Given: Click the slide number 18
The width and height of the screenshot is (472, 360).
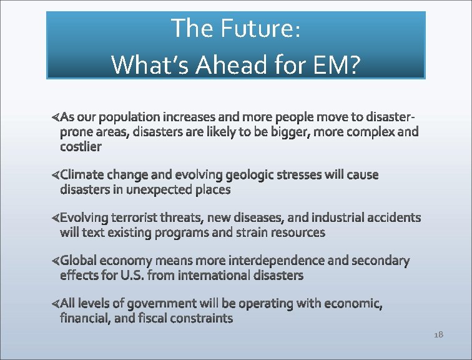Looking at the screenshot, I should pyautogui.click(x=438, y=335).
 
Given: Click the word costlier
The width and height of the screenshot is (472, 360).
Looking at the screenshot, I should pyautogui.click(x=81, y=147).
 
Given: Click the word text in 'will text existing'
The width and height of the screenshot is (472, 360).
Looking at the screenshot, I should pyautogui.click(x=94, y=232).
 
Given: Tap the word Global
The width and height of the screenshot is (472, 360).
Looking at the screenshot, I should pyautogui.click(x=79, y=260).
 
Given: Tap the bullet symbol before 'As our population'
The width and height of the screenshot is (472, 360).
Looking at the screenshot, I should pyautogui.click(x=55, y=117).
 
